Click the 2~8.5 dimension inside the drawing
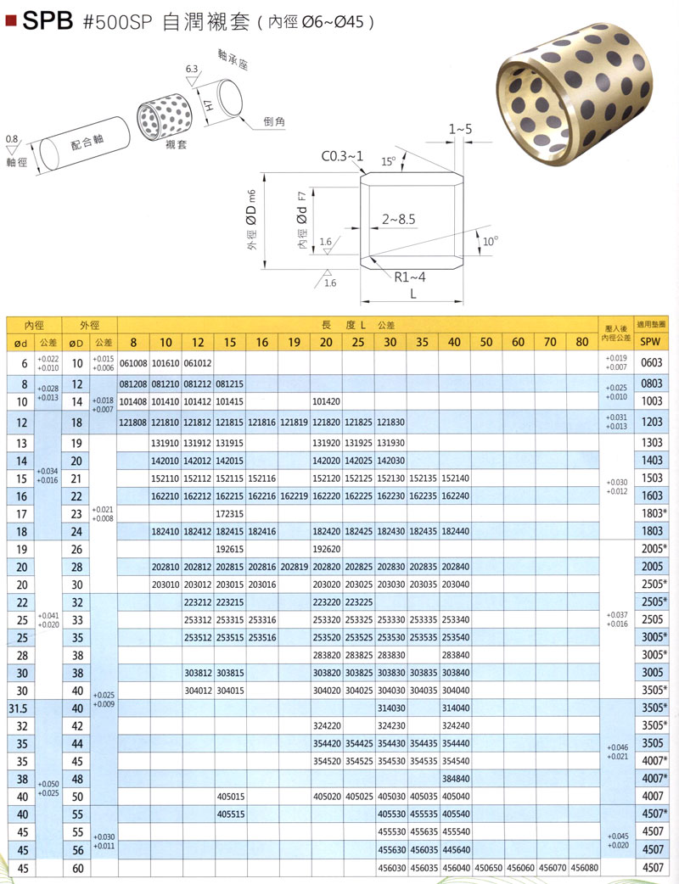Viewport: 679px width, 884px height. (x=398, y=219)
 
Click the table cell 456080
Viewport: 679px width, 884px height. (x=584, y=868)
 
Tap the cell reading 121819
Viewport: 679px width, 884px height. (x=294, y=422)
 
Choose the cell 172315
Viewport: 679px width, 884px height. (x=229, y=513)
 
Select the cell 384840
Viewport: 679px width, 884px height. (x=455, y=778)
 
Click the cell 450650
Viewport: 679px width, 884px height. (x=487, y=868)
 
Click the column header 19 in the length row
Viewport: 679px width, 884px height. (x=294, y=343)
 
